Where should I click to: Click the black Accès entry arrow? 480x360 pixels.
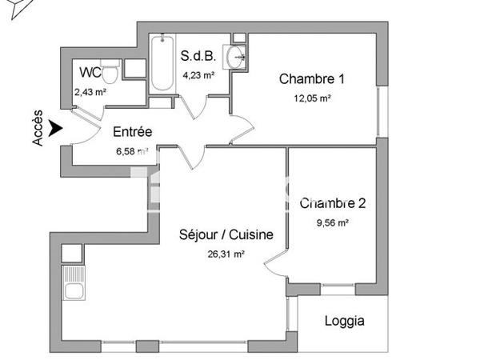click(54, 126)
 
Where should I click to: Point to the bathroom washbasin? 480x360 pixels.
click(235, 56)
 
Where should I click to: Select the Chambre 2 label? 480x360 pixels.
click(333, 203)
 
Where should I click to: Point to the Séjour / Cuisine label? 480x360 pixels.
click(226, 235)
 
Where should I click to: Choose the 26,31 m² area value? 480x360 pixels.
click(226, 254)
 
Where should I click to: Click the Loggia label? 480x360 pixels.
click(345, 322)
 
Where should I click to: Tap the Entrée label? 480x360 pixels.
click(132, 132)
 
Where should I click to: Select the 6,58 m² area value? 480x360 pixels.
click(132, 150)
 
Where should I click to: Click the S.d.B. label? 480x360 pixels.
click(198, 57)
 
